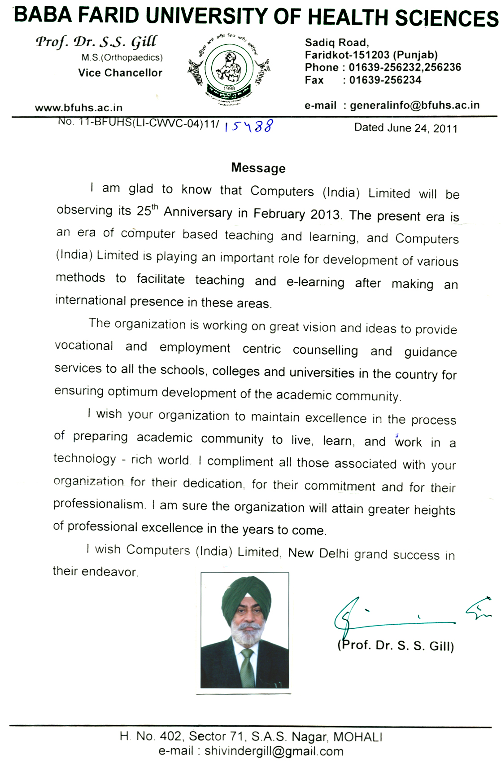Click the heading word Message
[x=258, y=168]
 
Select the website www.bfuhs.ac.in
[x=78, y=108]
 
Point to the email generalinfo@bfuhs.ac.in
[x=414, y=105]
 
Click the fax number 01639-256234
[x=385, y=80]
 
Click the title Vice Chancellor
[x=120, y=73]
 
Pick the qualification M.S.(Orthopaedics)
[x=122, y=57]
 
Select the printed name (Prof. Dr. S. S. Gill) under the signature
[x=396, y=645]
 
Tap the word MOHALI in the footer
[x=357, y=737]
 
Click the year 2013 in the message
[x=325, y=214]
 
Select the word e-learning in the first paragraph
[x=315, y=282]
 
